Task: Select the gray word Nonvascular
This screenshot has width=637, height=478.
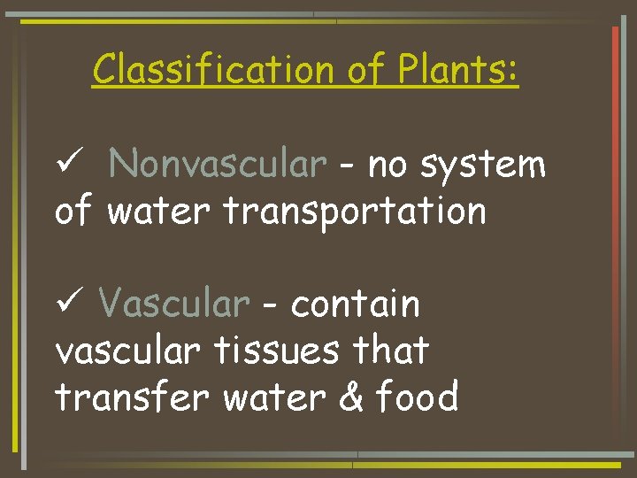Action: coord(219,165)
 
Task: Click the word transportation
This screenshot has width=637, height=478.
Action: coord(354,212)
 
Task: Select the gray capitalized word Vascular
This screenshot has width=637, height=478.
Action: coord(174,305)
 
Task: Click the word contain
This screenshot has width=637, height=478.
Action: coord(356,305)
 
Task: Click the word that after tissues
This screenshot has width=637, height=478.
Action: coord(390,351)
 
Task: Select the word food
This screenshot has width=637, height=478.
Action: coord(418,397)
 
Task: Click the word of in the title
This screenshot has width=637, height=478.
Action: coord(365,69)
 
